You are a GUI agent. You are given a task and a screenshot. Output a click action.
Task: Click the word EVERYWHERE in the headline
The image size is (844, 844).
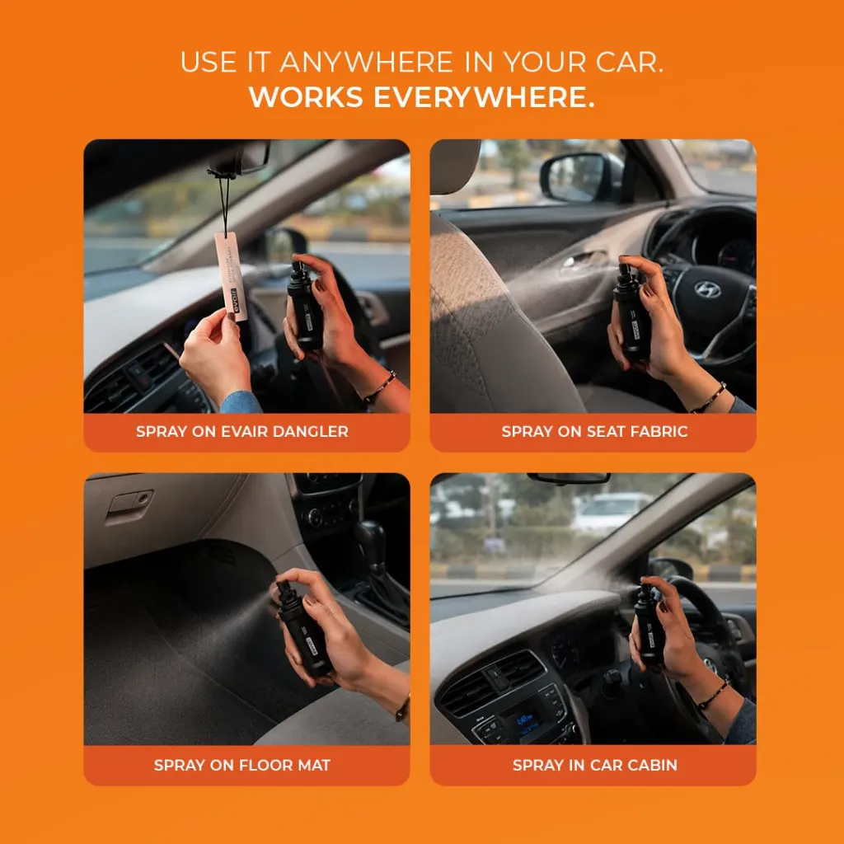484,97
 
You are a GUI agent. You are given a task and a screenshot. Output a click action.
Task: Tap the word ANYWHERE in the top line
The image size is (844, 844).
367,62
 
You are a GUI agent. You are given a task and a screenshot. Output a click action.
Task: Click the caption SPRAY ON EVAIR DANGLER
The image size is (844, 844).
242,431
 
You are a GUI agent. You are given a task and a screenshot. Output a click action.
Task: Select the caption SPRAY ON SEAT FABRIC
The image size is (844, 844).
594,431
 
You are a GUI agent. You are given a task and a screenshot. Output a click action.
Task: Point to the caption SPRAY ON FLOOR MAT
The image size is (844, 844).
242,765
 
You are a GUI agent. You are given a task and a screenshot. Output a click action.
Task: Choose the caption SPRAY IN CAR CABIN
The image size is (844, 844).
595,765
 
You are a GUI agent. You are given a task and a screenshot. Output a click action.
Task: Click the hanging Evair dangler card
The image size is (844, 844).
231,275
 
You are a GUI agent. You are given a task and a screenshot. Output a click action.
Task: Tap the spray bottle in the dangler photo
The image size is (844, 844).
304,304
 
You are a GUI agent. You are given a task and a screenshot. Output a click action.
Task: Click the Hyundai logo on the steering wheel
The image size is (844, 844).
707,289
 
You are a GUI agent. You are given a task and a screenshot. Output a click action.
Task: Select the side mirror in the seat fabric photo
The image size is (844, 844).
581,176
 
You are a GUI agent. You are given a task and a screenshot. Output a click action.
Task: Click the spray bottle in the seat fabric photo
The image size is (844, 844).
631,311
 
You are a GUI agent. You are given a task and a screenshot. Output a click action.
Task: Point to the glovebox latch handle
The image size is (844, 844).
129,504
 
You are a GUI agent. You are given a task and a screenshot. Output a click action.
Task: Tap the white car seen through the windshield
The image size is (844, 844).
610,510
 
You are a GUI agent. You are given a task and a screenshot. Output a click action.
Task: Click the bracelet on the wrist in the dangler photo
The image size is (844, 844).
380,387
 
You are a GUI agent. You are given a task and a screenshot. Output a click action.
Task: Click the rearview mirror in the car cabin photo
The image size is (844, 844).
569,478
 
